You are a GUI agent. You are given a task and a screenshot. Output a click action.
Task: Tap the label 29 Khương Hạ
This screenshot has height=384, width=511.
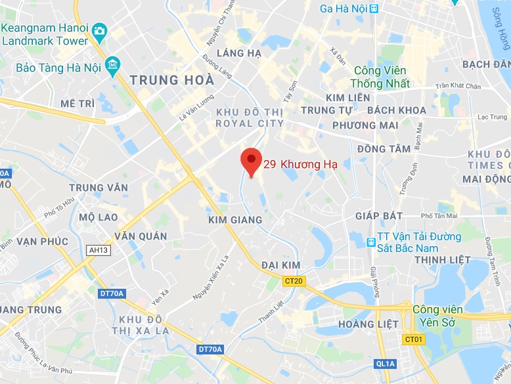(x=300, y=165)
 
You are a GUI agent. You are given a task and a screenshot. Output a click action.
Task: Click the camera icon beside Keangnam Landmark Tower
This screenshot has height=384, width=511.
(x=99, y=30)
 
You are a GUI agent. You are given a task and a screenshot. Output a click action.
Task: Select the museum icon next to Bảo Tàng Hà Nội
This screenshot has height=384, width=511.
(x=113, y=66)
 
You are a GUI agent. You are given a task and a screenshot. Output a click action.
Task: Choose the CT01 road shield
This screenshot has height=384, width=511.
(x=412, y=339)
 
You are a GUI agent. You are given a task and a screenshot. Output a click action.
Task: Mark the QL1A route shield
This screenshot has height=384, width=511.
(x=386, y=363)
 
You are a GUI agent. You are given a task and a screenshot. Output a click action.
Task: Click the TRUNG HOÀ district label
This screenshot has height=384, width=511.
(x=173, y=81)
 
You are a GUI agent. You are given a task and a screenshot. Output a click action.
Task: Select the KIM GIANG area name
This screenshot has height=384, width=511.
(x=235, y=220)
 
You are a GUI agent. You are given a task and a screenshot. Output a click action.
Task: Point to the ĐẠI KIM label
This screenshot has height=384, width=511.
(x=280, y=265)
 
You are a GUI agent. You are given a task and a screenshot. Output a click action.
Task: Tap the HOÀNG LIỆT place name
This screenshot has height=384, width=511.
(x=368, y=324)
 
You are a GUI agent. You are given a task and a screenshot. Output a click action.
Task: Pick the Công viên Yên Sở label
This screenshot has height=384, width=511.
(x=437, y=315)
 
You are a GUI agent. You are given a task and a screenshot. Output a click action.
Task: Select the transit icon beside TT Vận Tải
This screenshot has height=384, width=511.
(x=372, y=242)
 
